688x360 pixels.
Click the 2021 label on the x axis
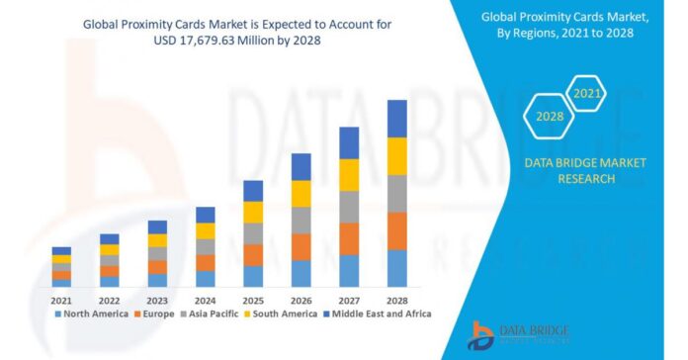click(61, 300)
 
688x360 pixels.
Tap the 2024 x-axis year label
click(206, 300)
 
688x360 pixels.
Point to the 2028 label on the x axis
click(396, 300)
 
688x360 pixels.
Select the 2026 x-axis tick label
click(301, 300)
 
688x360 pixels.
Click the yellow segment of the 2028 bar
click(396, 156)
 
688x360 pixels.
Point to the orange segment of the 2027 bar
click(349, 238)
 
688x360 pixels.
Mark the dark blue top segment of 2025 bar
click(253, 191)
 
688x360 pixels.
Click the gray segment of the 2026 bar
click(301, 220)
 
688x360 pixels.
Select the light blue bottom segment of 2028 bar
click(396, 268)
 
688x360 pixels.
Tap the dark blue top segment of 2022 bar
click(109, 238)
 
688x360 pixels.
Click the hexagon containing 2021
click(585, 94)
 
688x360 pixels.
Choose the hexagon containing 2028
click(550, 117)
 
